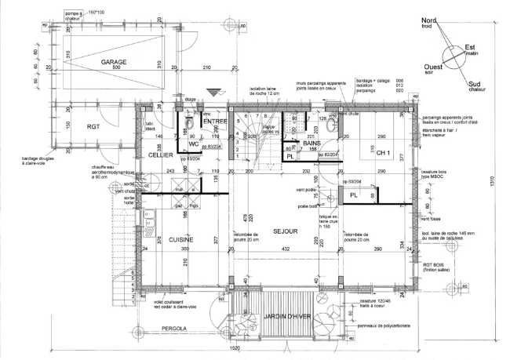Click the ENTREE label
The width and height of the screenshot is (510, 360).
click(214, 122)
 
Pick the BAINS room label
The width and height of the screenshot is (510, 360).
click(314, 144)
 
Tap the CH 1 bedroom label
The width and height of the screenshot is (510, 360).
click(384, 152)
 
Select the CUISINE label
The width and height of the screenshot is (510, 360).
click(179, 239)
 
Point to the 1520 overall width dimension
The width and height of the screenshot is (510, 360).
click(235, 347)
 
